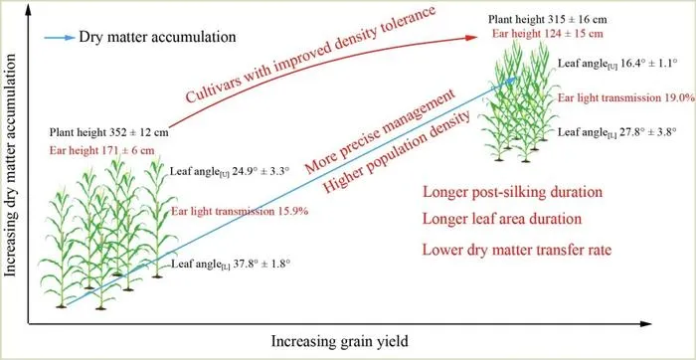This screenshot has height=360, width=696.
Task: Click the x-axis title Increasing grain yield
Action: (339, 342)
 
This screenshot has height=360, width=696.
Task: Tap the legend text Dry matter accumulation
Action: (157, 37)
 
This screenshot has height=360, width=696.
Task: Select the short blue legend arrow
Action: (60, 38)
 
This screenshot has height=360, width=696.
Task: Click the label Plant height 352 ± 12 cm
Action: (108, 132)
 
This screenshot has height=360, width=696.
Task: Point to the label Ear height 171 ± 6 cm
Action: (102, 150)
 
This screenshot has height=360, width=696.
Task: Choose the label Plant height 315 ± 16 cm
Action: (548, 20)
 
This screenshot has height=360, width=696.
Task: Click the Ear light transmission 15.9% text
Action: (240, 211)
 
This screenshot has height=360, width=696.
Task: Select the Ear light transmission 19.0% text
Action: (625, 97)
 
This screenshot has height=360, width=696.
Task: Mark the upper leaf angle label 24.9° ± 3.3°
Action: (231, 172)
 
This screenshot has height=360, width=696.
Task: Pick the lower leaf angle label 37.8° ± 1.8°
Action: (231, 265)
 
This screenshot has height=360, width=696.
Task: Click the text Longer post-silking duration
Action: (513, 193)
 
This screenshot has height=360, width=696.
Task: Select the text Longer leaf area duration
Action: (502, 220)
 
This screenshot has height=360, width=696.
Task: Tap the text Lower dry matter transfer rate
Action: (517, 250)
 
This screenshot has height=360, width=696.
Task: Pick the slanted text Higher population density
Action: (396, 153)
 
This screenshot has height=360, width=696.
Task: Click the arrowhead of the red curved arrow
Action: (471, 38)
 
